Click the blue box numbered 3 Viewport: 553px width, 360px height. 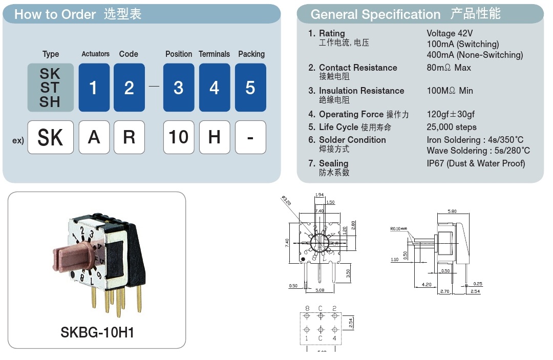pos(179,88)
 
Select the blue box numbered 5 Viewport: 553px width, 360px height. pos(250,88)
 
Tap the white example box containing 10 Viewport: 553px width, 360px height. pos(179,137)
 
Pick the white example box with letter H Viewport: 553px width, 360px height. pos(215,137)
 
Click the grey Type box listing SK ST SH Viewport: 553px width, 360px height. pos(50,88)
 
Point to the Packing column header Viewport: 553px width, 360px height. pos(251,54)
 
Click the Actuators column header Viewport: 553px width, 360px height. pos(95,54)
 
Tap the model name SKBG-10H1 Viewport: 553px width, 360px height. pos(97,332)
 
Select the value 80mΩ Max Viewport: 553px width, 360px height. pos(449,68)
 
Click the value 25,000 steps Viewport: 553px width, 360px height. pos(452,127)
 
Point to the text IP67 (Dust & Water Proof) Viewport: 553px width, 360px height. pos(476,163)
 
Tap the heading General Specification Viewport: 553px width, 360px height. pos(375,14)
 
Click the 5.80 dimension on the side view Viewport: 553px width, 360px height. pos(452,210)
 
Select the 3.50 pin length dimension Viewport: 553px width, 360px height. pos(349,274)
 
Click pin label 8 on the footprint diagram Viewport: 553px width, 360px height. pos(307,308)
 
